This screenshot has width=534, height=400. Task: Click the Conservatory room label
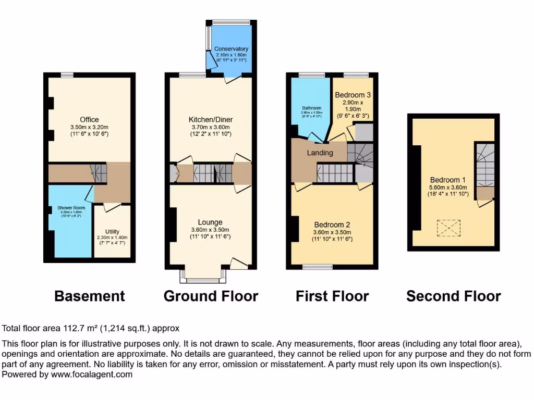(x=232, y=49)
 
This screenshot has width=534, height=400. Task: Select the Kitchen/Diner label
(x=209, y=120)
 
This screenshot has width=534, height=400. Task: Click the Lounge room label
(x=210, y=222)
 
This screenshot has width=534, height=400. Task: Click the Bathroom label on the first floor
(x=312, y=108)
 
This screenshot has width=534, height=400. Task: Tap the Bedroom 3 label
(x=353, y=95)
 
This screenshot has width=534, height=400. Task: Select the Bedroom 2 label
(x=332, y=224)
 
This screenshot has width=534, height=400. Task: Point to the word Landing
(x=320, y=153)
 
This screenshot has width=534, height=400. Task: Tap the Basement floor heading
(x=90, y=296)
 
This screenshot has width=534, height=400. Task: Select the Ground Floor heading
(x=211, y=296)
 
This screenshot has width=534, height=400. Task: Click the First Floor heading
(x=332, y=296)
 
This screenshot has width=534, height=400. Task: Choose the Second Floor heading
(x=454, y=296)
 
